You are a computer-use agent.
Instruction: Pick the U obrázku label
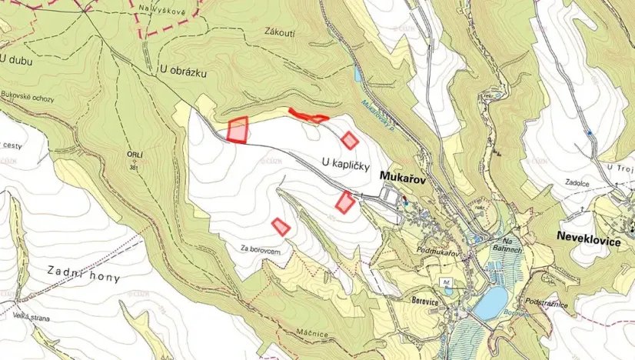183,70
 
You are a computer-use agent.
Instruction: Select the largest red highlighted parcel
238,130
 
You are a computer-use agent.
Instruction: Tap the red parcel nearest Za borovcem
281,226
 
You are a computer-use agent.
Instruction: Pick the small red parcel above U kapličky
350,140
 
